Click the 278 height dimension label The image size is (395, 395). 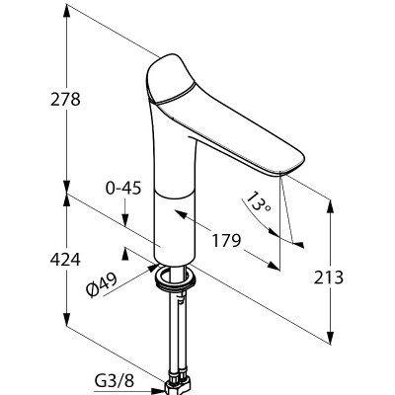(x=65, y=99)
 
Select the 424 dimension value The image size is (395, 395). (x=65, y=260)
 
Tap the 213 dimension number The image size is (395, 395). (x=328, y=277)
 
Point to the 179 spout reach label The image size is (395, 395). (x=226, y=241)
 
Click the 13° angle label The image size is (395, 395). (x=259, y=201)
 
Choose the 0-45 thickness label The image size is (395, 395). (x=123, y=189)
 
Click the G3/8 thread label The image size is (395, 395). (x=115, y=381)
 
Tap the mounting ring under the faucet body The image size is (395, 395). (x=175, y=279)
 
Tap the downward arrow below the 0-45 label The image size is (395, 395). (x=125, y=219)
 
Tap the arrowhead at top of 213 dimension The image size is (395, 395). (x=330, y=206)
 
